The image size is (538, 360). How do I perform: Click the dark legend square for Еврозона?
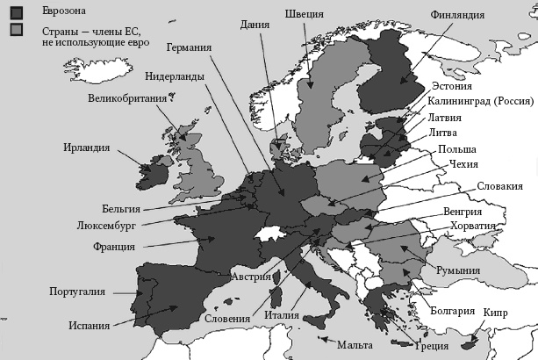(x=16, y=11)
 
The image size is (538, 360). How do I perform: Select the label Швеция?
(x=305, y=14)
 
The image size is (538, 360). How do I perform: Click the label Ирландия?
(x=86, y=148)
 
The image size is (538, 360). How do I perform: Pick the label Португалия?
(x=76, y=291)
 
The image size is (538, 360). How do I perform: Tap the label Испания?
(x=89, y=326)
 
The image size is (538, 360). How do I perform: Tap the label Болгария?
(x=453, y=312)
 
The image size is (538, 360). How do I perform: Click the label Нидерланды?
(x=175, y=76)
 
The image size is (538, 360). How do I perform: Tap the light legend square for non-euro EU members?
(x=16, y=31)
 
